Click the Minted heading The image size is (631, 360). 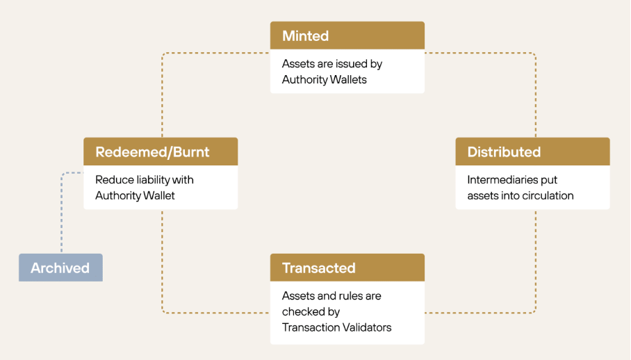(306, 36)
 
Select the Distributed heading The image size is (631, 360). (504, 152)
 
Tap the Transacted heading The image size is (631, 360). (319, 268)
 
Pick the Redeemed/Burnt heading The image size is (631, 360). (152, 152)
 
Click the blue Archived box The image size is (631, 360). (60, 268)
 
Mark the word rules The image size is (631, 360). (352, 296)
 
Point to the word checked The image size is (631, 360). (301, 312)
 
